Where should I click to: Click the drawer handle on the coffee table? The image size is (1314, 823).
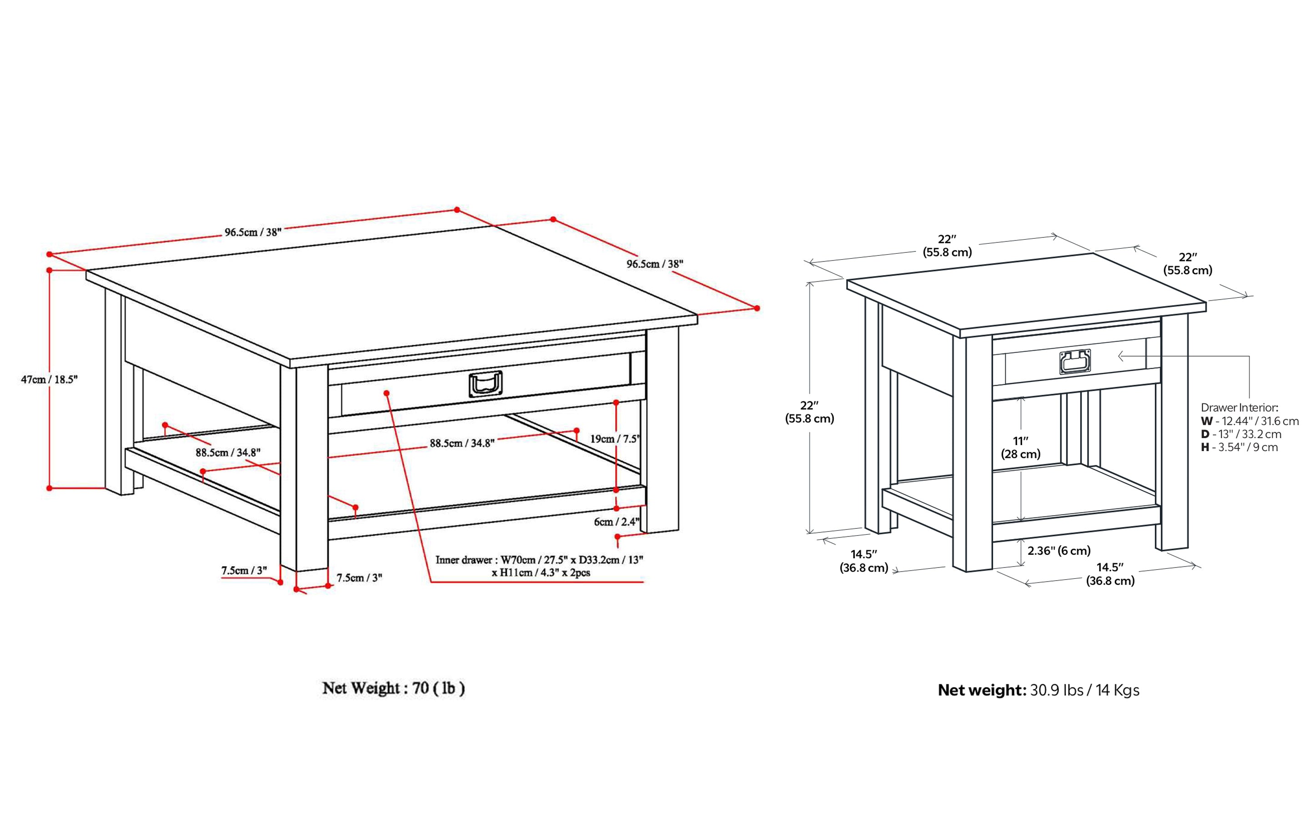[x=485, y=384]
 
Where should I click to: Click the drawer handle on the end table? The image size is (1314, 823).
[x=1074, y=362]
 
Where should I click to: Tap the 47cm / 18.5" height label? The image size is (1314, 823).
[x=50, y=379]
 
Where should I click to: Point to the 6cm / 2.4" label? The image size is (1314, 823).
[x=616, y=522]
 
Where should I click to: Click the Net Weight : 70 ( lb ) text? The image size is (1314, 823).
[x=393, y=688]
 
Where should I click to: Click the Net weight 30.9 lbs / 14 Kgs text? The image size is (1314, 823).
[x=1038, y=690]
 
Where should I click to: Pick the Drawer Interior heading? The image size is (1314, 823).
[x=1239, y=408]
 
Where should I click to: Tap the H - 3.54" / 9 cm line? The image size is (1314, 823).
[x=1239, y=447]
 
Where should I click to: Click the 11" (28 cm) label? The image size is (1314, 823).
[x=1020, y=447]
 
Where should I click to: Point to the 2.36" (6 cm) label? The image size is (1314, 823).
[x=1059, y=550]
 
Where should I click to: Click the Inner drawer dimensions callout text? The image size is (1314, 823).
[x=539, y=566]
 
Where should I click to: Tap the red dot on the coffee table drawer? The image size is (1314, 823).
[x=386, y=392]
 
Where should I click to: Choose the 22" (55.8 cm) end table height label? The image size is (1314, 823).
[x=809, y=412]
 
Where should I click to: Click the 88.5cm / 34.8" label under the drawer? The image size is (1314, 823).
[x=461, y=443]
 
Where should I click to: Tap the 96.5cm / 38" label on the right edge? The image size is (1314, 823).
[x=654, y=264]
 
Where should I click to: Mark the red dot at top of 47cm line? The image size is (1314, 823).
[x=50, y=270]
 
